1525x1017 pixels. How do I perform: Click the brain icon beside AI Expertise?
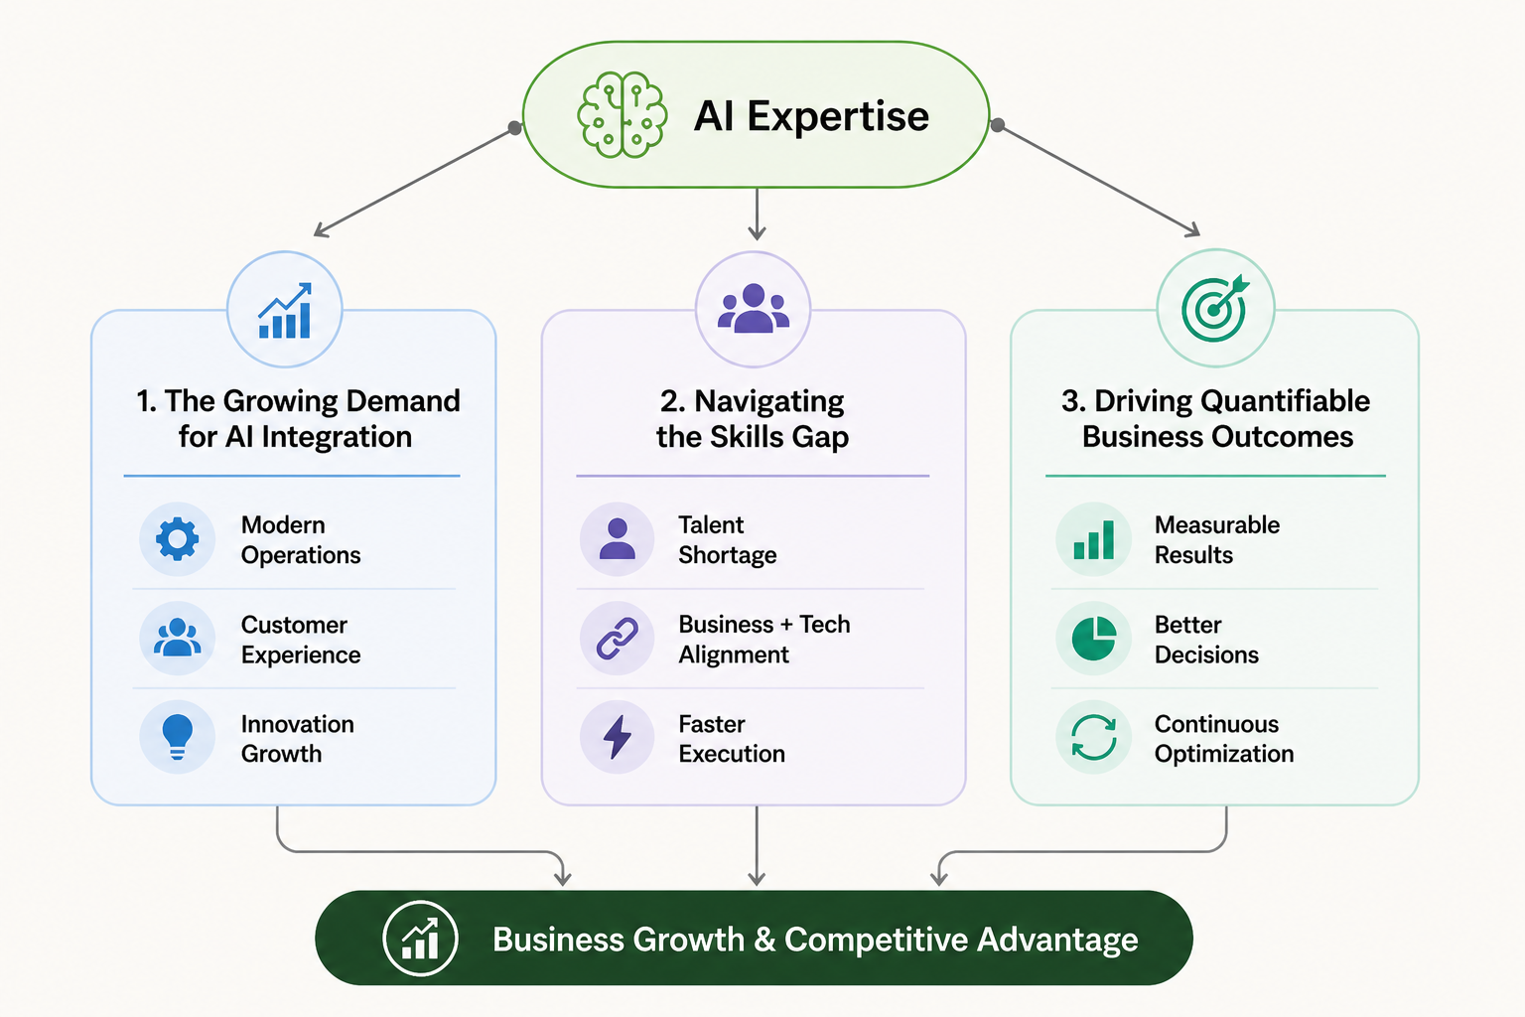[622, 114]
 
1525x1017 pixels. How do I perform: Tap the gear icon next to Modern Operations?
[177, 539]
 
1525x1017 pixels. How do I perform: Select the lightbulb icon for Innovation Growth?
[177, 736]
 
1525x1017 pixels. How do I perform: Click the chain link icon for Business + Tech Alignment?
[617, 639]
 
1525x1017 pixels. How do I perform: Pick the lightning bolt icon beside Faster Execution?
[618, 736]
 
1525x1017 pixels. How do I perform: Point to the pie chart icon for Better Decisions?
[1094, 639]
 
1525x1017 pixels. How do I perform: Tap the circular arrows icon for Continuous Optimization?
[1094, 736]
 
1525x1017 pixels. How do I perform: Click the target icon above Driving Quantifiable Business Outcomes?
[1215, 308]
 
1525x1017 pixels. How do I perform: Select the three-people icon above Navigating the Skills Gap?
[754, 308]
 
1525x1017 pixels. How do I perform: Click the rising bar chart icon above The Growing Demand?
[285, 311]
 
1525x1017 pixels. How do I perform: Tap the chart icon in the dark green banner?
[420, 938]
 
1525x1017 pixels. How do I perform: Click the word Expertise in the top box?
[838, 116]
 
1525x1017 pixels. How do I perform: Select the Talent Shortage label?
[727, 539]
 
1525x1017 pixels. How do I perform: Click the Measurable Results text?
[1217, 539]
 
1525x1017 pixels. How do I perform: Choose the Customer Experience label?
[301, 640]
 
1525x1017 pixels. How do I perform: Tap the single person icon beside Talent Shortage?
[617, 539]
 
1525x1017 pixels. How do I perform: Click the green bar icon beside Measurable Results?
[1093, 539]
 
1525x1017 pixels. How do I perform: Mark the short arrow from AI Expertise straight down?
[757, 214]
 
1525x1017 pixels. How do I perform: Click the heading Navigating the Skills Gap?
[753, 419]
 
